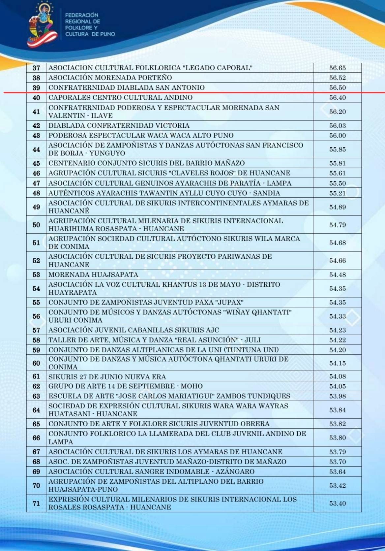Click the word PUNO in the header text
(x=107, y=34)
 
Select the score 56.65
(x=337, y=68)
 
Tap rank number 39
(x=36, y=88)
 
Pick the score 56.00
(x=337, y=136)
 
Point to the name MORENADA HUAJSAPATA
(x=93, y=275)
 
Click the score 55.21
(x=337, y=193)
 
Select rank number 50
(x=36, y=225)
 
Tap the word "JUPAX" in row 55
(x=230, y=302)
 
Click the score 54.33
(x=337, y=316)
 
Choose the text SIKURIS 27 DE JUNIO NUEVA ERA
(x=107, y=377)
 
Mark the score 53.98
(x=337, y=396)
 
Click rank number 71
(x=36, y=503)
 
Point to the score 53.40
(x=337, y=503)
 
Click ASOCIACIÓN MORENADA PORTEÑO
(x=110, y=78)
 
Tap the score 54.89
(x=337, y=207)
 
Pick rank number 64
(x=36, y=410)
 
